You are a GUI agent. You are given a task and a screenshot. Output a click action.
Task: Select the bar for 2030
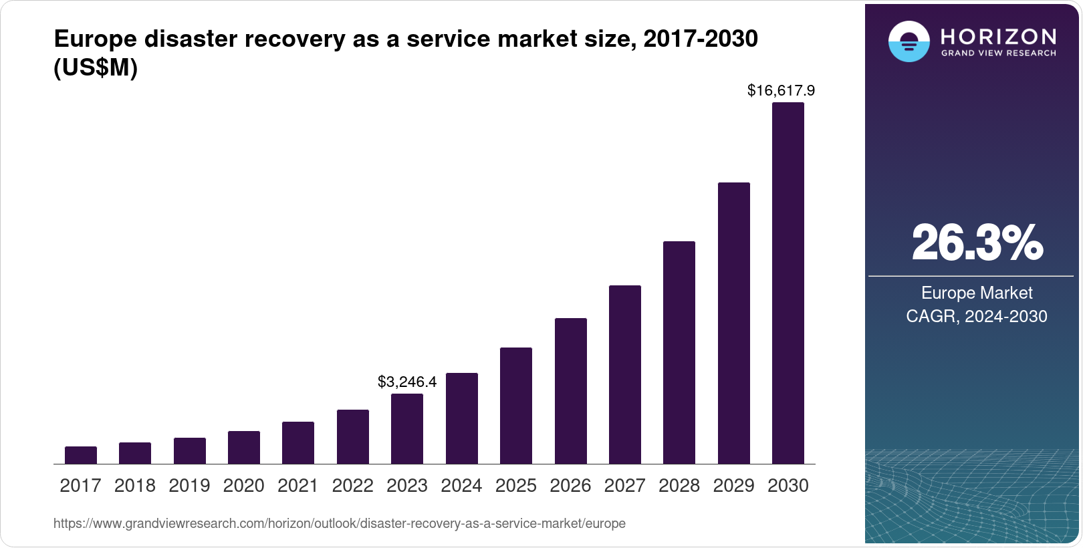tap(788, 283)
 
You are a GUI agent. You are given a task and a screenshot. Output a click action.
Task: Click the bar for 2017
tap(81, 455)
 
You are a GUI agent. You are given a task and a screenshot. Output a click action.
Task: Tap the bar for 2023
tap(407, 428)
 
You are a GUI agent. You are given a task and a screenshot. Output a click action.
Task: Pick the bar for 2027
tap(624, 374)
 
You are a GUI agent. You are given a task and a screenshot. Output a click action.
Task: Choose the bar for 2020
tap(244, 447)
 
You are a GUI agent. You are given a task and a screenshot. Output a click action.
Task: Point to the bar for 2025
tap(516, 406)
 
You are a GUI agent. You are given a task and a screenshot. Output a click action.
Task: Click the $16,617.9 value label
tap(781, 90)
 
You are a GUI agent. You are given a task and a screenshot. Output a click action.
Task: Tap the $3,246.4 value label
tap(407, 382)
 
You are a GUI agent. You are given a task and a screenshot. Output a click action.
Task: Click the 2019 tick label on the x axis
tap(189, 485)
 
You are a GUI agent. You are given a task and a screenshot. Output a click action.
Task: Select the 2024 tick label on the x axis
tap(461, 485)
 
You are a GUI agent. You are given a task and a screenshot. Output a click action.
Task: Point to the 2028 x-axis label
tap(679, 485)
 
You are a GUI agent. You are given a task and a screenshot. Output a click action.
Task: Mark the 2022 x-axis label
tap(352, 485)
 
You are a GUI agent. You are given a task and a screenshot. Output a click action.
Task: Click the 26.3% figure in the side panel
tap(977, 243)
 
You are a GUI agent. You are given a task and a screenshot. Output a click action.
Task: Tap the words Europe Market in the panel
tap(977, 293)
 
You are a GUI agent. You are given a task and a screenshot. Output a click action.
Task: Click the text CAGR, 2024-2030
tap(977, 316)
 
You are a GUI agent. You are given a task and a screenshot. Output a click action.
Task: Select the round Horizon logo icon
tap(909, 41)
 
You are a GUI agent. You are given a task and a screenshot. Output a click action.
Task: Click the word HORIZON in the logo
tap(998, 36)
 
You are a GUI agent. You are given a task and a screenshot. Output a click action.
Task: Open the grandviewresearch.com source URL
tap(340, 523)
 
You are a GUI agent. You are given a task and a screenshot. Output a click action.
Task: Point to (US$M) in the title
tap(96, 67)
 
